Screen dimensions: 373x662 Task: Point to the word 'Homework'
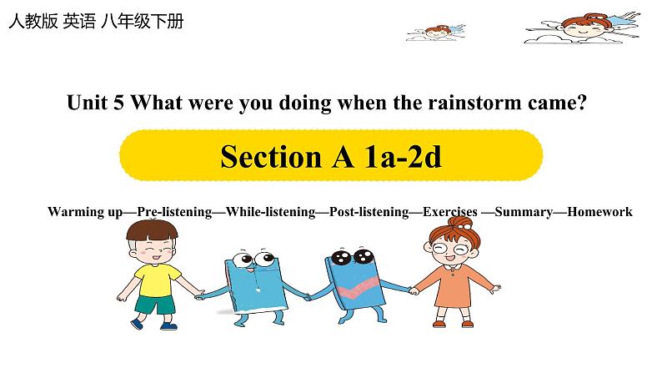[x=600, y=212]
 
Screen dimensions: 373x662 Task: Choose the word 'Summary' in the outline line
[x=524, y=212]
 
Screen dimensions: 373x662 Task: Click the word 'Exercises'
[x=450, y=212]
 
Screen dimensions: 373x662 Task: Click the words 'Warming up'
[x=86, y=212]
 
